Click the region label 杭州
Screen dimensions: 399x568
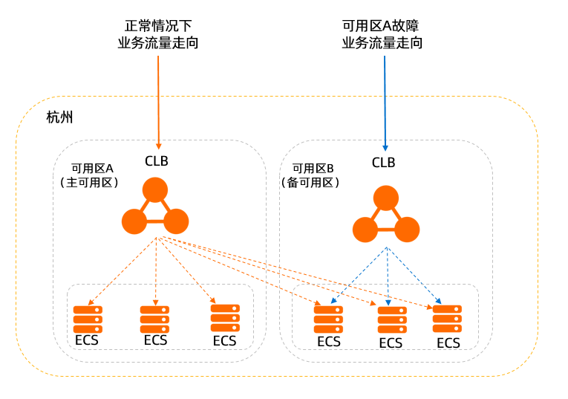pyautogui.click(x=59, y=117)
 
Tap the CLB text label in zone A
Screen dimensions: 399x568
pyautogui.click(x=158, y=160)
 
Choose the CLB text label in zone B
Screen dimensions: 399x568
pyautogui.click(x=383, y=163)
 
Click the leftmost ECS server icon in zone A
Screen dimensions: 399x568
pyautogui.click(x=88, y=319)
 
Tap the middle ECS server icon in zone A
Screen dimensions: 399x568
pyautogui.click(x=154, y=319)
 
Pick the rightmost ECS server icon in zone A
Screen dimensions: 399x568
pyautogui.click(x=225, y=317)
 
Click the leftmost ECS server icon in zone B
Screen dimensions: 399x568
pyautogui.click(x=328, y=319)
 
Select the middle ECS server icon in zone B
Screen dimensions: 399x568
pyautogui.click(x=391, y=319)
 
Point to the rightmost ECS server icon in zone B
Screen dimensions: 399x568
pyautogui.click(x=448, y=318)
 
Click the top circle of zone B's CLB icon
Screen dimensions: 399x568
pyautogui.click(x=387, y=198)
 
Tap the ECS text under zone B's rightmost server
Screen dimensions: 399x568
pyautogui.click(x=448, y=343)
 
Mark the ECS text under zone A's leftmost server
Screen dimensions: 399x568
pyautogui.click(x=87, y=341)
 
